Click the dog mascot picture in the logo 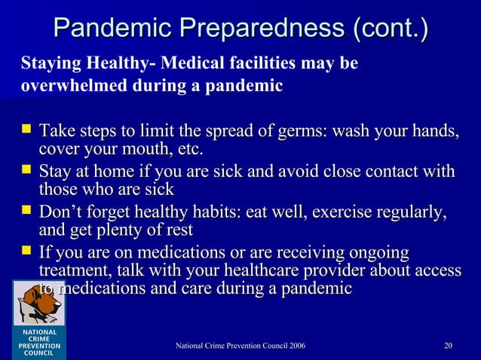click(38, 306)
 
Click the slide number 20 click(449, 346)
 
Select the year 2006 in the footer click(295, 346)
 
